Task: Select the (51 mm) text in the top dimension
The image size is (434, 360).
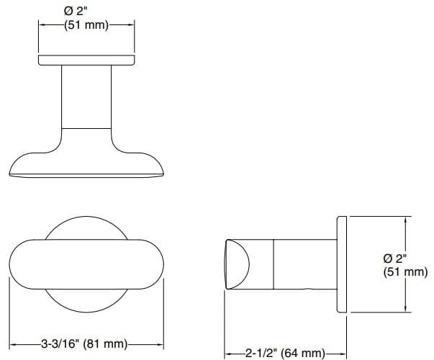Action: [x=86, y=25]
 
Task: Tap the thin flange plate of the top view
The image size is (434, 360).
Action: [x=86, y=59]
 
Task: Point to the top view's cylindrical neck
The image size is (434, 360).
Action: [x=86, y=97]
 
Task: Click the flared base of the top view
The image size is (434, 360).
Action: [x=86, y=162]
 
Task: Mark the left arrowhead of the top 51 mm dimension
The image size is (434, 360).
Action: [x=42, y=25]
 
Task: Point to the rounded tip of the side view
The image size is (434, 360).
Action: [x=237, y=264]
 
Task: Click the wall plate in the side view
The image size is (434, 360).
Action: [x=343, y=264]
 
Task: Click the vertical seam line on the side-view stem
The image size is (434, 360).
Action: [x=273, y=264]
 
